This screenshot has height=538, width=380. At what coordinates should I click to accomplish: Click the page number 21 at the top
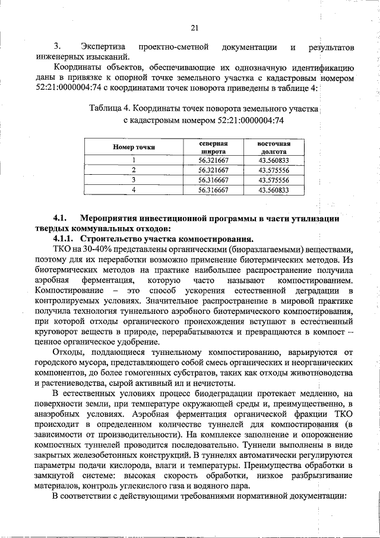(x=194, y=27)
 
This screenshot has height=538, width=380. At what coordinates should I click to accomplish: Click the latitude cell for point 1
(x=213, y=159)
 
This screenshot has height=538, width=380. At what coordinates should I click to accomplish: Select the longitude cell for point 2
(x=274, y=169)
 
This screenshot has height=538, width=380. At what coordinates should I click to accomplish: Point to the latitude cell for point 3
(x=213, y=180)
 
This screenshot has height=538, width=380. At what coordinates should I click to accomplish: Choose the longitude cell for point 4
(x=274, y=190)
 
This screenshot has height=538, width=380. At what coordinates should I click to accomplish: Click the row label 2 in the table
(x=134, y=169)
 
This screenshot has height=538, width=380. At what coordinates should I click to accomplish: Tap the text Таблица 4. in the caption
(x=110, y=109)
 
